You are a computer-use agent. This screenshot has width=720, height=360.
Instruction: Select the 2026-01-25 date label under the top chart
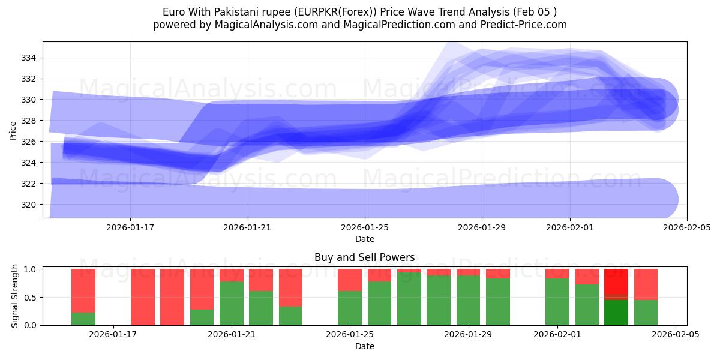pyautogui.click(x=365, y=228)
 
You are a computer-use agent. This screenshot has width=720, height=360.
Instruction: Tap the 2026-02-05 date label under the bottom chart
pyautogui.click(x=676, y=335)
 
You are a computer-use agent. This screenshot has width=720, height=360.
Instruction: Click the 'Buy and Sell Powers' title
pyautogui.click(x=364, y=257)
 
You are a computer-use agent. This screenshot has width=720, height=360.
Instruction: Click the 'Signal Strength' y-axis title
pyautogui.click(x=15, y=297)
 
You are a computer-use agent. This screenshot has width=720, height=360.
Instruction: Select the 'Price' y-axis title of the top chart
pyautogui.click(x=13, y=130)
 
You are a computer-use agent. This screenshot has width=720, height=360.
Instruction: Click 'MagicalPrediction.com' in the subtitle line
pyautogui.click(x=400, y=25)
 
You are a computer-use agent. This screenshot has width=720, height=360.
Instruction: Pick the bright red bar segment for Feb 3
pyautogui.click(x=616, y=282)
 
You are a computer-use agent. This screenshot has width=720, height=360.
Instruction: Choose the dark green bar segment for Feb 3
pyautogui.click(x=616, y=312)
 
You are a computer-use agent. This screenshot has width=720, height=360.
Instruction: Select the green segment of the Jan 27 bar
pyautogui.click(x=409, y=299)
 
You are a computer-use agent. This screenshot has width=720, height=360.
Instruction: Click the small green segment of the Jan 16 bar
pyautogui.click(x=83, y=319)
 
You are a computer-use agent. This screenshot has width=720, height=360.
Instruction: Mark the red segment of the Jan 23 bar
pyautogui.click(x=290, y=287)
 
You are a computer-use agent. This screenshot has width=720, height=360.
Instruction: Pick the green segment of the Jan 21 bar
pyautogui.click(x=232, y=304)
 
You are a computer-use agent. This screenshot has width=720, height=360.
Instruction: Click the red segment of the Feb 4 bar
pyautogui.click(x=646, y=284)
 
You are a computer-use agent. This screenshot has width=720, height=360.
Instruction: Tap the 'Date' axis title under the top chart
pyautogui.click(x=364, y=239)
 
